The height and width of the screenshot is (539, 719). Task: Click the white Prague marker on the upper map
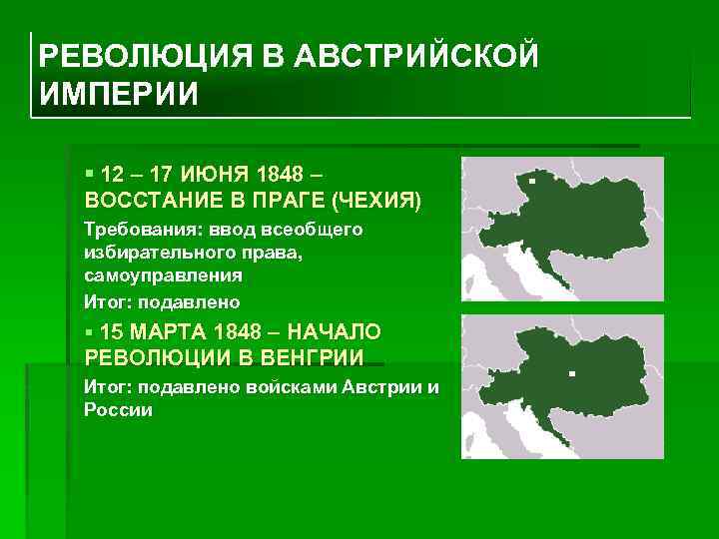click(x=532, y=181)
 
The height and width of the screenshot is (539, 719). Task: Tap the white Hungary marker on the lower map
click(x=572, y=373)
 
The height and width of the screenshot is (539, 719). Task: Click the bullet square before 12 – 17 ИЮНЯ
click(x=91, y=175)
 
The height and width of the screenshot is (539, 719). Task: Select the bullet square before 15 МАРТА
click(x=91, y=331)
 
